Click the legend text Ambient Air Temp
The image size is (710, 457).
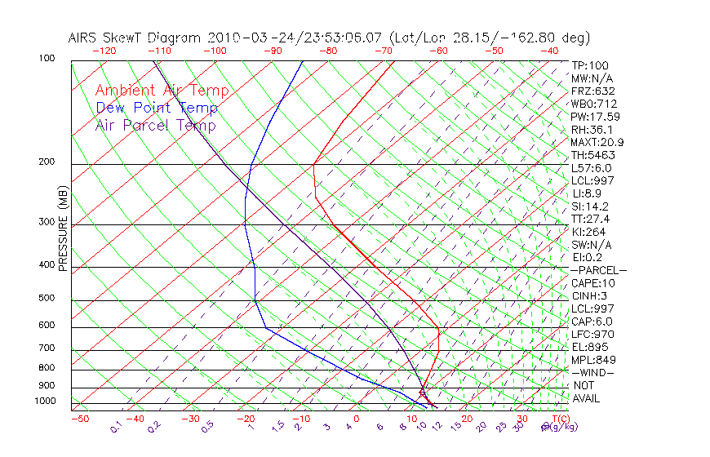162,91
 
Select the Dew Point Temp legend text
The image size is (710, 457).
157,108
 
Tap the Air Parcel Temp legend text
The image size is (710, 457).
155,125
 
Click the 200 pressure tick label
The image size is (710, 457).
47,162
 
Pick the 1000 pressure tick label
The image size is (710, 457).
44,402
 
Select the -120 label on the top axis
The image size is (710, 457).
104,51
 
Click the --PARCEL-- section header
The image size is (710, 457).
598,270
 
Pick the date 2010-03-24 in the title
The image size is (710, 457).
243,38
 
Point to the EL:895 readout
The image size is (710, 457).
589,347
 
